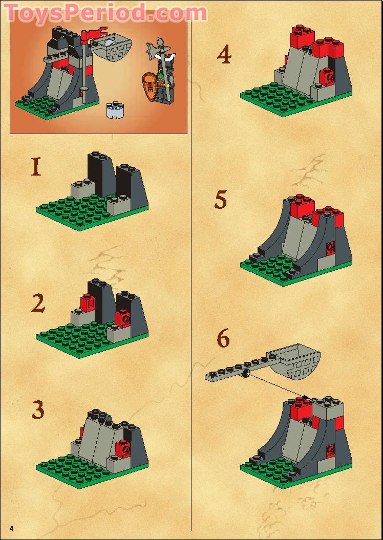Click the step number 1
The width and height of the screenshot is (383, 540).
click(x=36, y=167)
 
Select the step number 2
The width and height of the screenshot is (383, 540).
click(x=38, y=303)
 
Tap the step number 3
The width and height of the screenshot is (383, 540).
click(x=38, y=409)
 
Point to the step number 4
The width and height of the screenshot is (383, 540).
click(x=224, y=55)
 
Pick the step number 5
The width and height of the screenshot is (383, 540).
click(x=221, y=200)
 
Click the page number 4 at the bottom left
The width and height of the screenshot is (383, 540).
click(x=10, y=527)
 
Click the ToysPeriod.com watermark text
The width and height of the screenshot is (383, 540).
click(x=105, y=12)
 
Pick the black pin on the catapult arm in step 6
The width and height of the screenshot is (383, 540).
click(x=246, y=374)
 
